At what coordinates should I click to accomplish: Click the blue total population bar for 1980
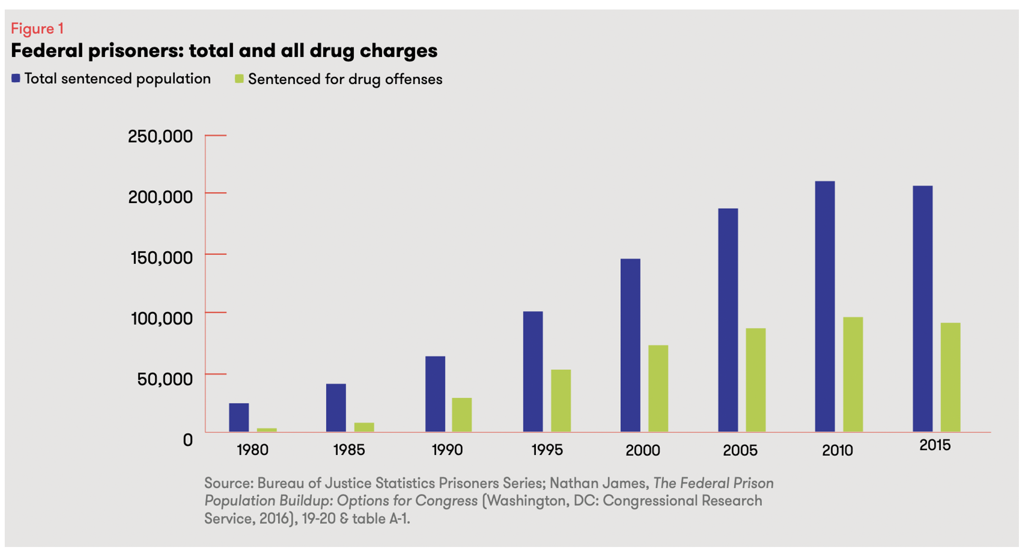click(x=239, y=417)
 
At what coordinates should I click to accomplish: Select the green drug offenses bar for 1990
click(x=462, y=415)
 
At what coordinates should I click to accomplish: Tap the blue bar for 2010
click(x=825, y=306)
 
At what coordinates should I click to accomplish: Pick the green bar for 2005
click(x=756, y=380)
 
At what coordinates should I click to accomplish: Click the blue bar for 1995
click(x=533, y=371)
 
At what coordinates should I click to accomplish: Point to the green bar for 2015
click(x=951, y=377)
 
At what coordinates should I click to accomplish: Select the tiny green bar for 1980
click(x=267, y=430)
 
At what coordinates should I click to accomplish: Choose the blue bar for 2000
click(x=630, y=345)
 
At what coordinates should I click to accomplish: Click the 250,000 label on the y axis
click(x=160, y=137)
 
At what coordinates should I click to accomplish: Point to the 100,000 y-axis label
click(x=162, y=318)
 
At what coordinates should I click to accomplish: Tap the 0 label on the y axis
click(x=188, y=440)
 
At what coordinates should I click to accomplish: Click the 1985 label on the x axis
click(x=349, y=450)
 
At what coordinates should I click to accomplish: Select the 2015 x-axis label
click(x=935, y=445)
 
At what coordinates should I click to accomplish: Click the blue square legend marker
click(x=16, y=78)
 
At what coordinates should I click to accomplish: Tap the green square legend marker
click(x=239, y=79)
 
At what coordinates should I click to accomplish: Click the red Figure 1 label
click(x=37, y=28)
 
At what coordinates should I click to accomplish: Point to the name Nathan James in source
click(x=599, y=483)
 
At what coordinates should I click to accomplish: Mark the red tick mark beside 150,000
click(x=216, y=254)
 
